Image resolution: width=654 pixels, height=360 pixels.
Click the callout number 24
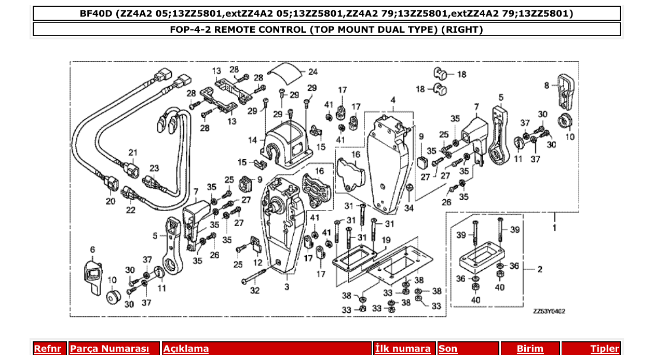(x=313, y=72)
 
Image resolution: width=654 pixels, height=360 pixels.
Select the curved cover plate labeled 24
(x=286, y=72)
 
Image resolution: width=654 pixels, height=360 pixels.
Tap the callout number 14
(x=253, y=140)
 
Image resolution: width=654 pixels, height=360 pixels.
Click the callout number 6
(x=93, y=250)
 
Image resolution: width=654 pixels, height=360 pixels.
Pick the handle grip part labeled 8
(x=565, y=91)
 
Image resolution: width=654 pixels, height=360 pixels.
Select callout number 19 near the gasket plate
(x=386, y=240)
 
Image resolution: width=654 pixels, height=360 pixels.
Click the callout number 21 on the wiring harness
(x=133, y=153)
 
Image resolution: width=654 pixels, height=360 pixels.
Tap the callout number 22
(x=130, y=210)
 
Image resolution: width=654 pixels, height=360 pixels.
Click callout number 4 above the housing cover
(x=393, y=100)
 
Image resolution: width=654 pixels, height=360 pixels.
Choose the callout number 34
(x=410, y=208)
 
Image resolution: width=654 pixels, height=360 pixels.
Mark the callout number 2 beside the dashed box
(x=540, y=269)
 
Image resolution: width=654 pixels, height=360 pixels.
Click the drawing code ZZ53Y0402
(x=549, y=311)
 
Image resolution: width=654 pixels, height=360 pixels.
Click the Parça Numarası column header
(x=110, y=349)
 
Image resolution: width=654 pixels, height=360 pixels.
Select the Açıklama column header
(x=186, y=349)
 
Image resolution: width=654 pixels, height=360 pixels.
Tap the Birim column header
(x=530, y=349)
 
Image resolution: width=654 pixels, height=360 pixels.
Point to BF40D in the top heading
(x=97, y=13)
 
